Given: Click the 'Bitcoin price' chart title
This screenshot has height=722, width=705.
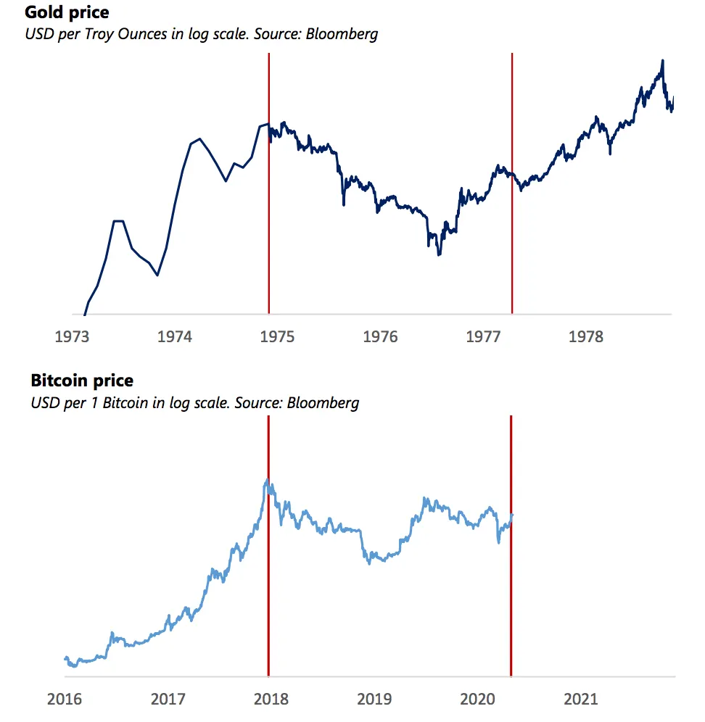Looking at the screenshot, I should tap(82, 380).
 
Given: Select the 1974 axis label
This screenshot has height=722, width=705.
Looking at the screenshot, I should tap(175, 336).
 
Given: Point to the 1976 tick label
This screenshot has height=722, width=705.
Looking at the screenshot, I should tap(380, 336).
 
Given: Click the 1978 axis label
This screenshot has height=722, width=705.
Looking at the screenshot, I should tap(586, 336).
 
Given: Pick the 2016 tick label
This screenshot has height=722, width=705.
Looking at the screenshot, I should tap(65, 700).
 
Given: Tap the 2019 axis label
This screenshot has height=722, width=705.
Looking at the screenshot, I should tap(375, 700).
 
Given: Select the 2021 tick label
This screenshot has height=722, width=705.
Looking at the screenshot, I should tap(581, 700).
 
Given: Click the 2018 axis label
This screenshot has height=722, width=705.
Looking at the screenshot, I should tap(271, 700).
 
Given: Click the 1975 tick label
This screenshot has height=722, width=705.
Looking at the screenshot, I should tap(277, 336).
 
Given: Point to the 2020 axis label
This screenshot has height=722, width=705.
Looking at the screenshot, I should tap(478, 700).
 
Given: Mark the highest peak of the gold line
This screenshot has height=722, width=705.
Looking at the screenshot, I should tap(661, 62).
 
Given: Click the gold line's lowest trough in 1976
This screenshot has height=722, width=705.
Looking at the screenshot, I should tap(439, 254).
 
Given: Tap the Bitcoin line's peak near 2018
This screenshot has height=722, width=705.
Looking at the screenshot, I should tap(267, 480).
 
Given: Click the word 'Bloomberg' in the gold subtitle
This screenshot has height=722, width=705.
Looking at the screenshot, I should tap(342, 34).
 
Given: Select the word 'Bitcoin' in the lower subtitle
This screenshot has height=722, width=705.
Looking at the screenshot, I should tap(127, 402).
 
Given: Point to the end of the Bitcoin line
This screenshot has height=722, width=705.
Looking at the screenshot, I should tap(512, 515).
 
